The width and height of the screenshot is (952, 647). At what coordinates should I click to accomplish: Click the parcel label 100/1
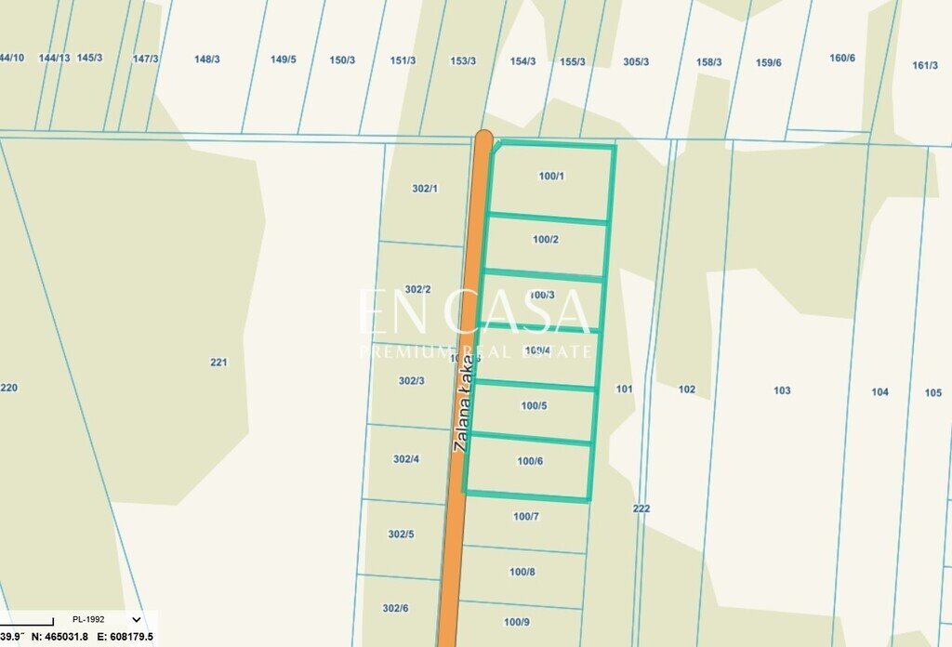(x=551, y=176)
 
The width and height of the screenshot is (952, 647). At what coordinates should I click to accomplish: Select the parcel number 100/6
(x=530, y=461)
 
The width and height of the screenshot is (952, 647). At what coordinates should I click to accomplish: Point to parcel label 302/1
(x=424, y=189)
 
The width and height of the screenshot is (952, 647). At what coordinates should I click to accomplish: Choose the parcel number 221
(x=218, y=363)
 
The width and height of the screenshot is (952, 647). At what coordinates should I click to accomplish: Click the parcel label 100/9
(x=517, y=622)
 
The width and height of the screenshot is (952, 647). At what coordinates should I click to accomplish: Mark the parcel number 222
(x=641, y=508)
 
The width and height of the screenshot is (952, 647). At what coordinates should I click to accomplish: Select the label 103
(x=782, y=390)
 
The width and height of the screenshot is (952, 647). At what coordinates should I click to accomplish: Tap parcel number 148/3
(x=207, y=59)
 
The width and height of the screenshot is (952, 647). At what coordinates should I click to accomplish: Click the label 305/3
(x=636, y=62)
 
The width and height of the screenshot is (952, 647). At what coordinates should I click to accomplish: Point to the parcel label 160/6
(x=842, y=58)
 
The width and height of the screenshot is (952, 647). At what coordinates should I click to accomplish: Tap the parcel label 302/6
(x=395, y=608)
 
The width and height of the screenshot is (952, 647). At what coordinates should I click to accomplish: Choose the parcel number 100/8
(x=522, y=572)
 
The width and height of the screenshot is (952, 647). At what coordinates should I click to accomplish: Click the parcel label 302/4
(x=406, y=459)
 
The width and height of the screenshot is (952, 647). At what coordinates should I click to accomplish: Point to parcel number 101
(x=624, y=389)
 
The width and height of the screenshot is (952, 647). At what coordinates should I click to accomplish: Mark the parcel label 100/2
(x=546, y=239)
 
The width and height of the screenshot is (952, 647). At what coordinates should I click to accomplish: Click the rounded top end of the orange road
(x=483, y=139)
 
